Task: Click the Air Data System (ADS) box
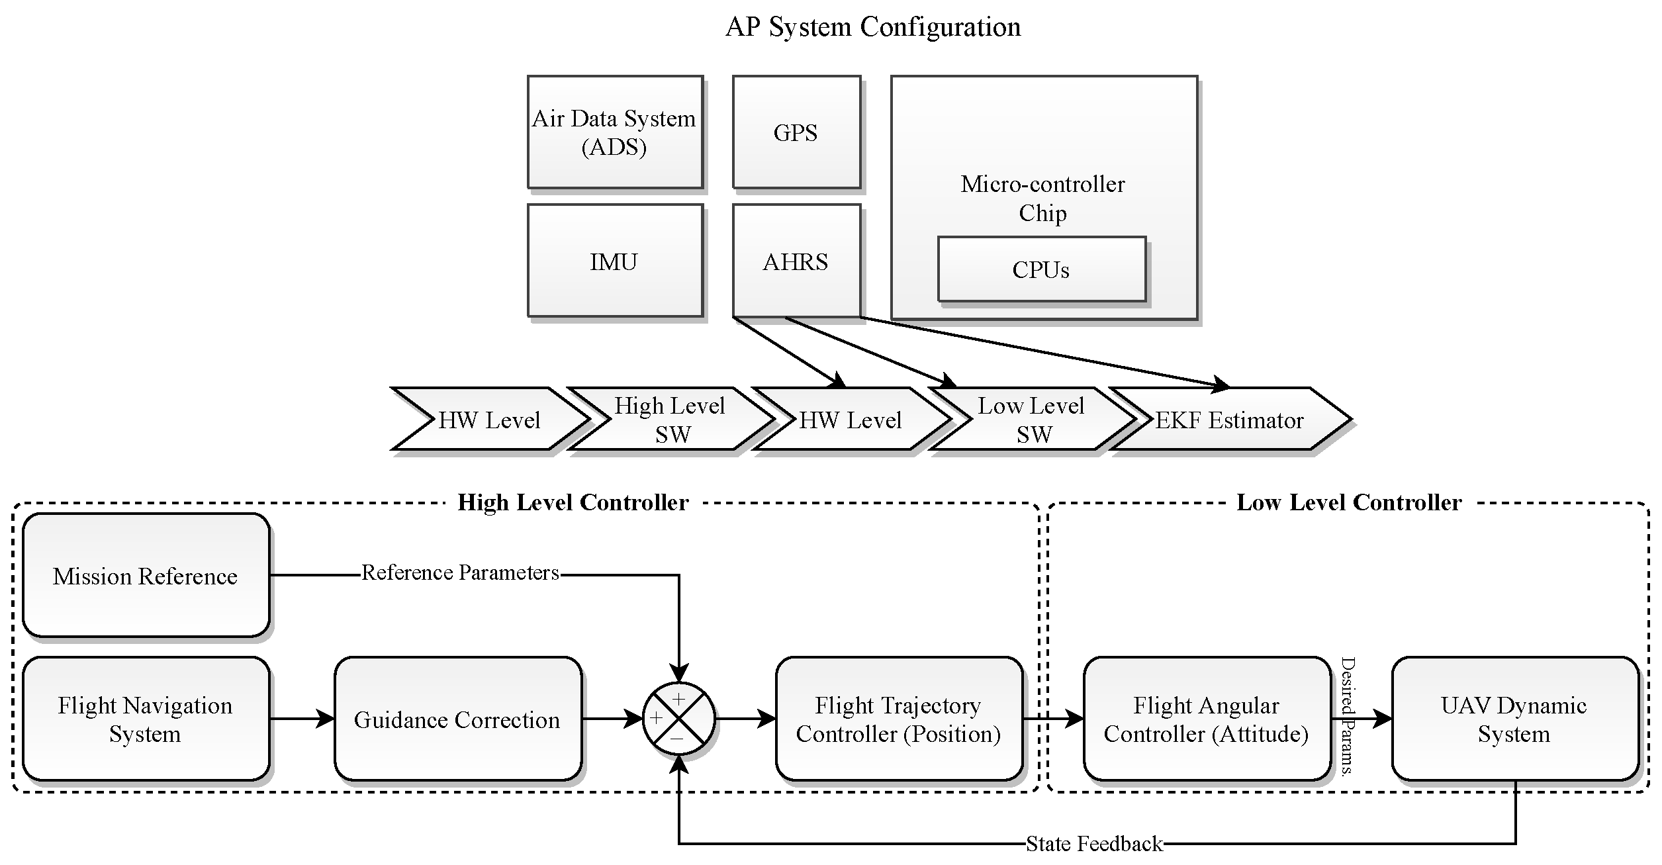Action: click(x=614, y=132)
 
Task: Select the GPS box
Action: click(x=796, y=132)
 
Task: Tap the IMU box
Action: click(x=614, y=261)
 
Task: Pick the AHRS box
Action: click(x=796, y=261)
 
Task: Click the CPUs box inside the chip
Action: click(x=1040, y=269)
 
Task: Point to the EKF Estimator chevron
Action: click(x=1229, y=420)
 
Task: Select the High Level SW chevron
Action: click(x=670, y=420)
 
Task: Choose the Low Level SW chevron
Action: click(x=1031, y=420)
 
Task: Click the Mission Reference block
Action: click(x=146, y=576)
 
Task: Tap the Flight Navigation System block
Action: click(x=146, y=719)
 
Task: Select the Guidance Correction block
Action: click(x=457, y=719)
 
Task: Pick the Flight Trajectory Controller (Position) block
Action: click(x=898, y=719)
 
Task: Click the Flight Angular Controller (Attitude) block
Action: click(x=1206, y=719)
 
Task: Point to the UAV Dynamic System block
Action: click(x=1514, y=719)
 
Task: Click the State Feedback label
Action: click(x=1094, y=844)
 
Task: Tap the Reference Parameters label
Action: click(x=461, y=572)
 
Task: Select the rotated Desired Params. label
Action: click(x=1348, y=715)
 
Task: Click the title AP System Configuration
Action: click(x=873, y=27)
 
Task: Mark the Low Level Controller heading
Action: click(x=1349, y=502)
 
